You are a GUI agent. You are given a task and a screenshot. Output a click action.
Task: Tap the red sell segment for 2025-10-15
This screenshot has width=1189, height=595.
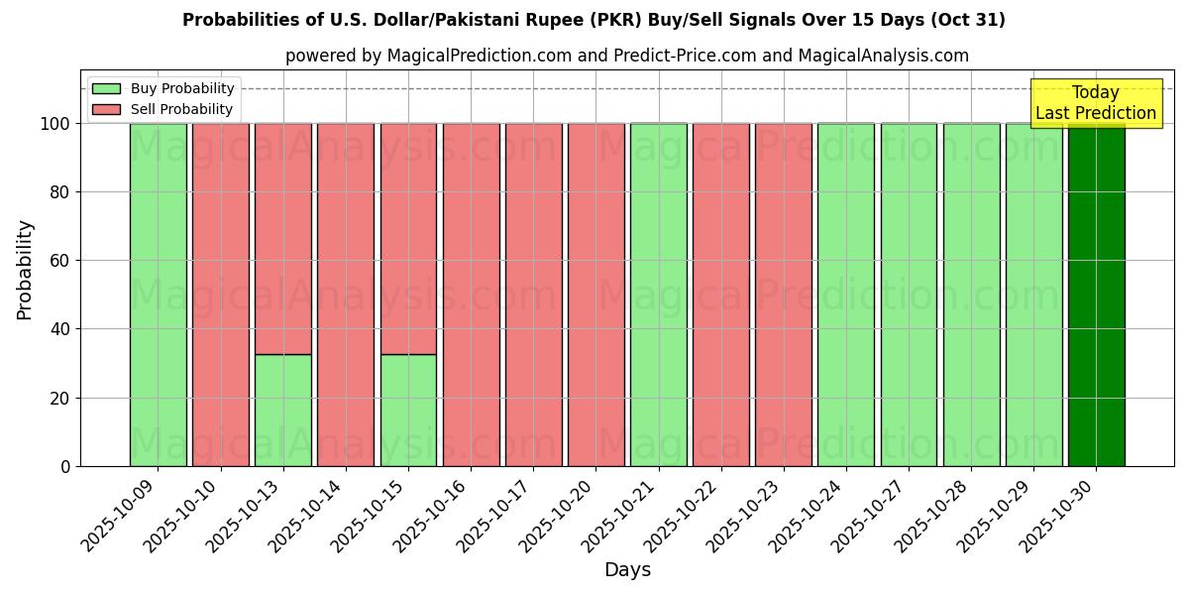(408, 238)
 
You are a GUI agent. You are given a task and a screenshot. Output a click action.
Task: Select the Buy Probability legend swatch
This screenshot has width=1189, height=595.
(106, 88)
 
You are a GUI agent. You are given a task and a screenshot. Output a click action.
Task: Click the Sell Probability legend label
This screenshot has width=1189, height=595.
(181, 109)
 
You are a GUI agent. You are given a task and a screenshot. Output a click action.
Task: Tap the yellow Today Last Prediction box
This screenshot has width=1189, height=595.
(1095, 103)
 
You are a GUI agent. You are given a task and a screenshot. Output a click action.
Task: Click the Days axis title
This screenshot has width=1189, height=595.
(627, 570)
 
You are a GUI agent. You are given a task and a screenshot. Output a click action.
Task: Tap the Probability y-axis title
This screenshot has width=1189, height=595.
(25, 269)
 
